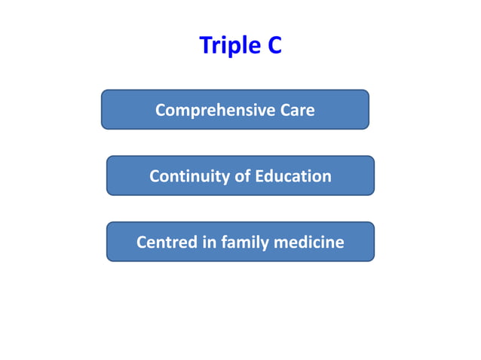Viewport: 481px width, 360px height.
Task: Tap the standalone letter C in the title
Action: point(274,46)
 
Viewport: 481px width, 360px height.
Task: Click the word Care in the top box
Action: point(298,110)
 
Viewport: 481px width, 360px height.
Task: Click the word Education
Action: point(293,176)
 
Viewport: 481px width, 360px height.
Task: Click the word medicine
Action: point(309,243)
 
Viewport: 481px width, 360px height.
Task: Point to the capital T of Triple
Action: point(205,46)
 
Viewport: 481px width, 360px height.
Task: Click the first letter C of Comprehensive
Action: point(161,111)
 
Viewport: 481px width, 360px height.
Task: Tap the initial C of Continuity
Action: point(155,176)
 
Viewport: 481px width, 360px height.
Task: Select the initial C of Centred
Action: point(142,243)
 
